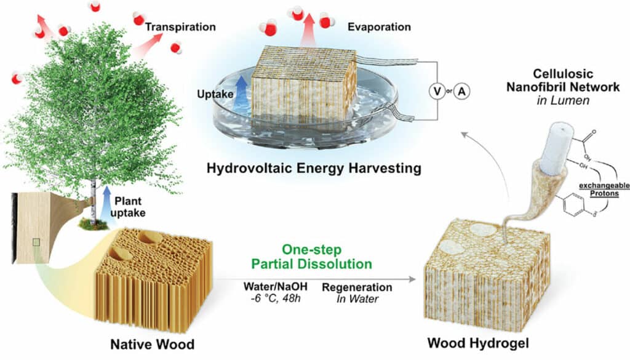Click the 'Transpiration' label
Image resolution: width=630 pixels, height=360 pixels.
coord(181,27)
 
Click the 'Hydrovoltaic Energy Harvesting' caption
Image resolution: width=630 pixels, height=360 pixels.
coord(314,167)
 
